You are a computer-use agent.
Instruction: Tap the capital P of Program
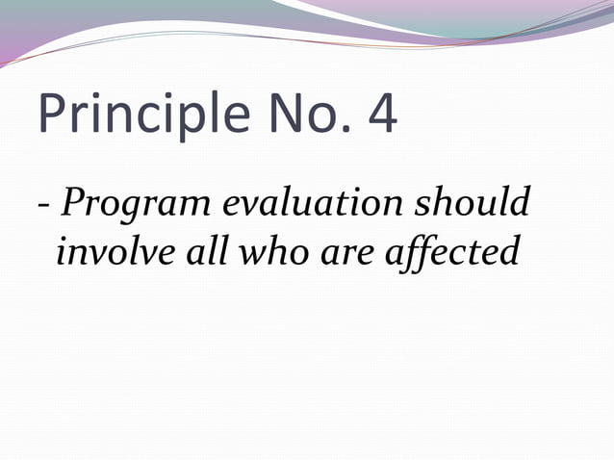[72, 204]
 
